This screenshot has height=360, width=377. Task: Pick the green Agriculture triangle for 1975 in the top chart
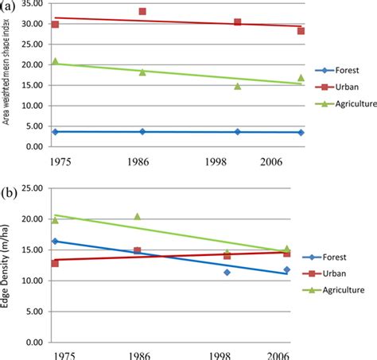(x=55, y=61)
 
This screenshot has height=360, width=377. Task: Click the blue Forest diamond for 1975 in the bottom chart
(x=55, y=241)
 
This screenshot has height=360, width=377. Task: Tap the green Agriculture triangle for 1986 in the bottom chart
(x=137, y=216)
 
